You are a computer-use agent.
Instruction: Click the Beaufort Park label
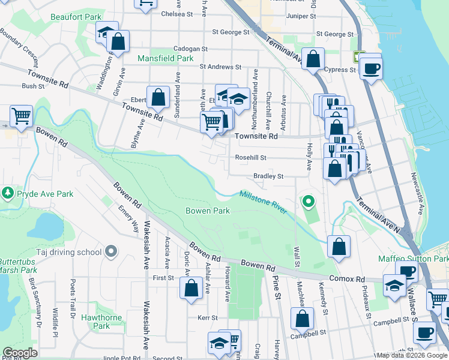[76, 17]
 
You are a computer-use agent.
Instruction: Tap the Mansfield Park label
[166, 59]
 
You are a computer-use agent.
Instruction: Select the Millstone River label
[263, 202]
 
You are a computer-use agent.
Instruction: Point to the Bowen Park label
[208, 211]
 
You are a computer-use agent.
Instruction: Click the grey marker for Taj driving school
[110, 252]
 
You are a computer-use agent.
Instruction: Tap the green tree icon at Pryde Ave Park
[8, 193]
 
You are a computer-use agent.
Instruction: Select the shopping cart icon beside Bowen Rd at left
[22, 115]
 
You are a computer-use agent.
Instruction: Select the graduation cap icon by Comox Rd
[394, 286]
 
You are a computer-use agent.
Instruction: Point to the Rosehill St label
[250, 158]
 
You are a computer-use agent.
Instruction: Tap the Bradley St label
[268, 176]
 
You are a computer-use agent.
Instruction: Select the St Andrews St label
[220, 67]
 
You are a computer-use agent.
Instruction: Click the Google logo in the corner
[20, 353]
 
